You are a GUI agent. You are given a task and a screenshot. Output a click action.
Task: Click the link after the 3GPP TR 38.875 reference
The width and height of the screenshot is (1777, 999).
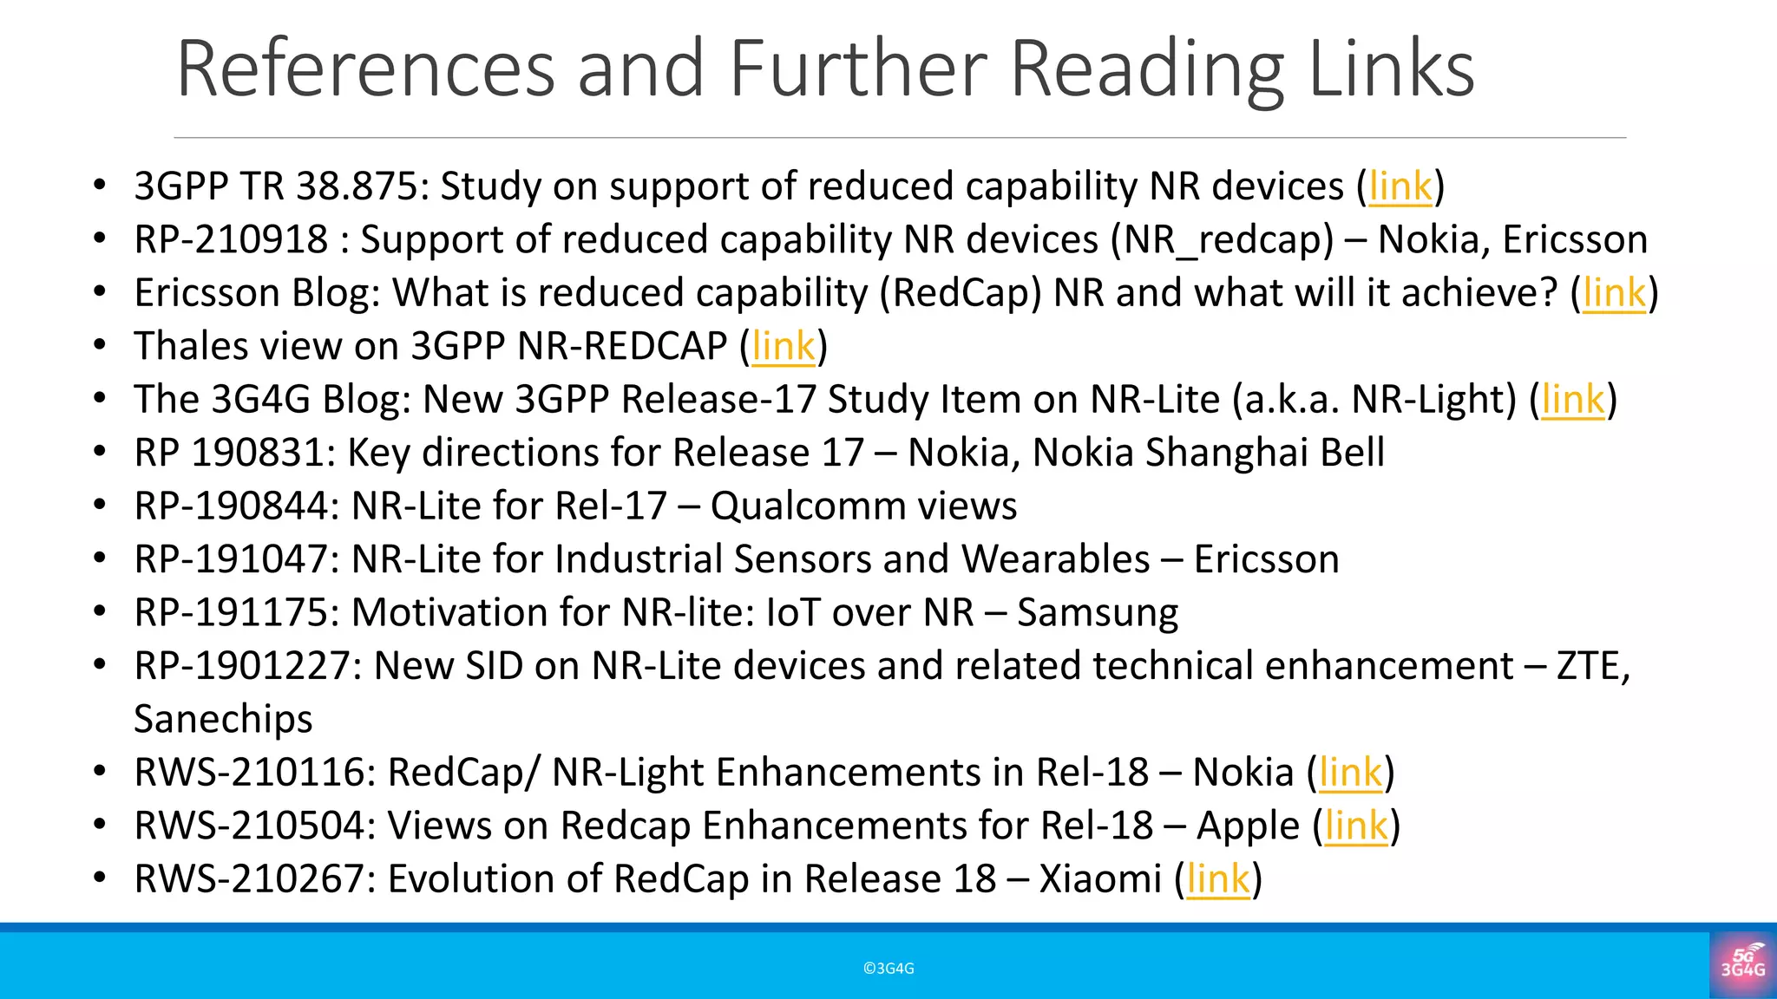pyautogui.click(x=1400, y=187)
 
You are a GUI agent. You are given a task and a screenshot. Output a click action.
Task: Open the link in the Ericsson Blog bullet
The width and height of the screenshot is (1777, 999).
pyautogui.click(x=1614, y=294)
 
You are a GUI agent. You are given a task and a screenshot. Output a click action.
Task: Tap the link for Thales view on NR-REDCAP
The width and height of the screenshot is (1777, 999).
pyautogui.click(x=784, y=347)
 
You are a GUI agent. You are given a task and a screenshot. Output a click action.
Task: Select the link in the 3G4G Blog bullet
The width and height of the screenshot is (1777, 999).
pyautogui.click(x=1573, y=401)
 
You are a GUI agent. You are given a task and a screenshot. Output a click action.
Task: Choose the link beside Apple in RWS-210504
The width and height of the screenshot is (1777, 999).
pyautogui.click(x=1357, y=826)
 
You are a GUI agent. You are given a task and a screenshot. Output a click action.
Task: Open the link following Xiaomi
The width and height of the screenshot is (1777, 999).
pyautogui.click(x=1218, y=880)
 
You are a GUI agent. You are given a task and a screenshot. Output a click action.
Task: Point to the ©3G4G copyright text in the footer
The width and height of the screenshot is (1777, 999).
pyautogui.click(x=888, y=969)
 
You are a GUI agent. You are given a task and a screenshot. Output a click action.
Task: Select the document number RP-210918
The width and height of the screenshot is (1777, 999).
pyautogui.click(x=231, y=240)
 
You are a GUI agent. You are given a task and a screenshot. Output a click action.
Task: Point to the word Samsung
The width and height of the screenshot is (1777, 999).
pyautogui.click(x=1098, y=613)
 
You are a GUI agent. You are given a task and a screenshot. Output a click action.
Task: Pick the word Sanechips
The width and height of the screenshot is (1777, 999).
pyautogui.click(x=223, y=720)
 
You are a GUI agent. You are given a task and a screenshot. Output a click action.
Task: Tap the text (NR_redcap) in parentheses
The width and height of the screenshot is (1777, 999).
pyautogui.click(x=1222, y=240)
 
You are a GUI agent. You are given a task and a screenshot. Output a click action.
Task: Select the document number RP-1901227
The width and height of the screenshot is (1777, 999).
pyautogui.click(x=247, y=667)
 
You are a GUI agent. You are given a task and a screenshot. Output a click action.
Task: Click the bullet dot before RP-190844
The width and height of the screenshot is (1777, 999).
pyautogui.click(x=100, y=506)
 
